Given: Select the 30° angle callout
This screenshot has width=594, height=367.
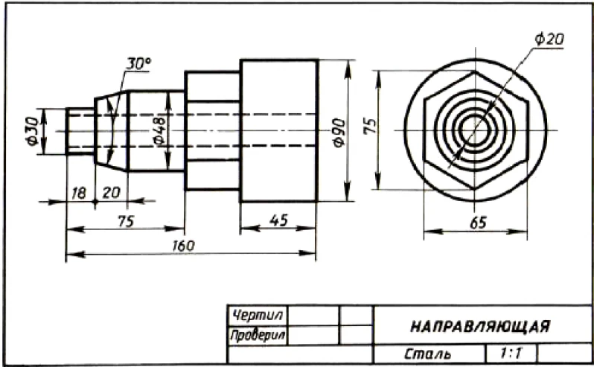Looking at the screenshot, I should click(x=138, y=64).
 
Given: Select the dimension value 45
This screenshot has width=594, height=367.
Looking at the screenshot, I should click(x=278, y=221).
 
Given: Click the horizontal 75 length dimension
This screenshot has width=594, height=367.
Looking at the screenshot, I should click(x=125, y=220).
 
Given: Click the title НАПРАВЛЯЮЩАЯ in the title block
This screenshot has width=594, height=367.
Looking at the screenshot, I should click(x=480, y=327).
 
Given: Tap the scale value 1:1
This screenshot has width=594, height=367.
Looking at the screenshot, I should click(x=510, y=352).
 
